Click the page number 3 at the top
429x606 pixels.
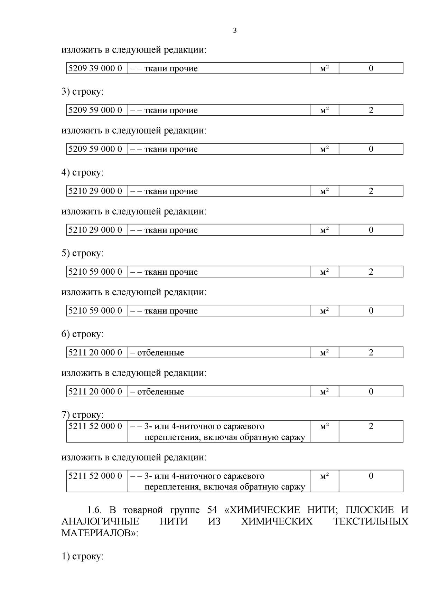tap(235, 30)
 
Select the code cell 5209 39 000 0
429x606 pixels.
tap(95, 68)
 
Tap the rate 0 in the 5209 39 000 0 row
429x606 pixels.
tap(371, 68)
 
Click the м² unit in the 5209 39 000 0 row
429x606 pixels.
tap(324, 68)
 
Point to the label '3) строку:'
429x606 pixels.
tap(82, 92)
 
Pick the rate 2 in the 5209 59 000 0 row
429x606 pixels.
tap(371, 110)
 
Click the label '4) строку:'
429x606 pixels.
tap(82, 172)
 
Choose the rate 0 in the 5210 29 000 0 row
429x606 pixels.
tap(371, 230)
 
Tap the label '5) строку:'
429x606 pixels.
tap(82, 253)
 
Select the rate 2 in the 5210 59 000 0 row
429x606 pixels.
tap(371, 272)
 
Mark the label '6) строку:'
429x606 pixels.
tap(82, 334)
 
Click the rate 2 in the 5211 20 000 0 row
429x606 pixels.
tap(371, 352)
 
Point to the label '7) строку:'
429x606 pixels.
tap(82, 415)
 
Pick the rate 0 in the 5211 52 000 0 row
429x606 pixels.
tap(371, 476)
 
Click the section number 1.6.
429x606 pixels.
tap(94, 510)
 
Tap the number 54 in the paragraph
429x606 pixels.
tap(212, 510)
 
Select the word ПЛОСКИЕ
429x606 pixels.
tap(370, 510)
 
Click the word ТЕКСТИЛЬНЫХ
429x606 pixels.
tap(371, 521)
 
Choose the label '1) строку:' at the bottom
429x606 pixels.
tap(82, 557)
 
